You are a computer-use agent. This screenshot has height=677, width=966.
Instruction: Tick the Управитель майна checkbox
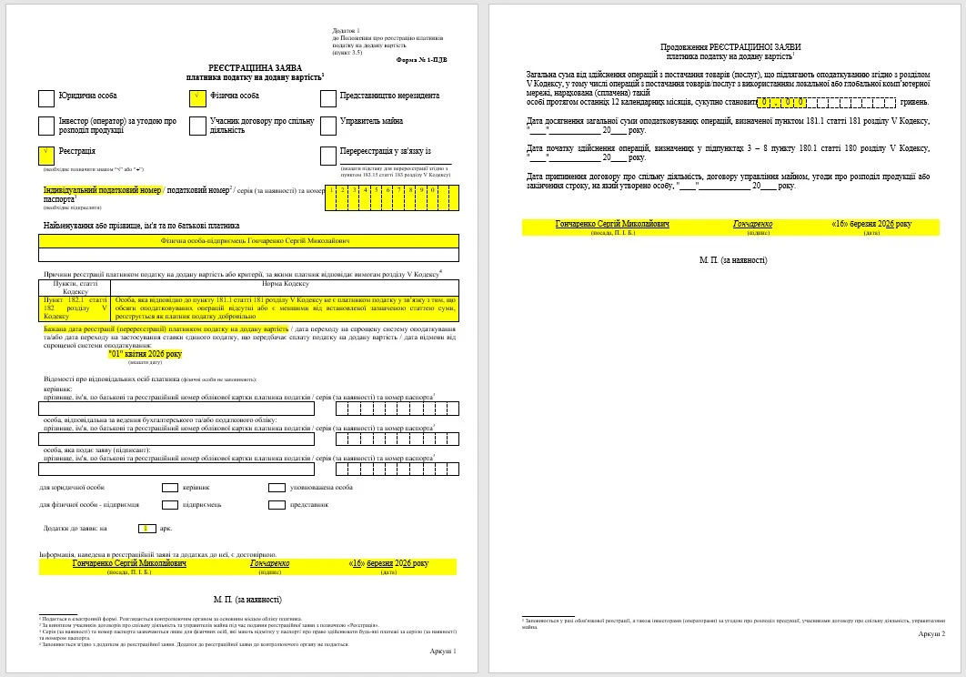point(328,126)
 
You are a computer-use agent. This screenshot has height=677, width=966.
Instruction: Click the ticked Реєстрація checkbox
point(46,155)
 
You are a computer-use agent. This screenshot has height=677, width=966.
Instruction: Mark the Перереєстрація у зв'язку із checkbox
point(328,155)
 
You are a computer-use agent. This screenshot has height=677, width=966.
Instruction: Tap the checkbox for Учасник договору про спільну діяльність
point(197,126)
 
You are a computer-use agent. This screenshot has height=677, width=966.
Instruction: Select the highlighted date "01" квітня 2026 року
point(145,354)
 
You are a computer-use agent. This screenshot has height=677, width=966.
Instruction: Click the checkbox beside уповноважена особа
point(277,487)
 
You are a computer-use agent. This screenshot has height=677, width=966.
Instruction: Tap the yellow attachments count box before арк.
point(145,528)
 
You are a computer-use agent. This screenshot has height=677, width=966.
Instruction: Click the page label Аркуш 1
point(442,651)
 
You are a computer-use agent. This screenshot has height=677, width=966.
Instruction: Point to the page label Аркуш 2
point(931,633)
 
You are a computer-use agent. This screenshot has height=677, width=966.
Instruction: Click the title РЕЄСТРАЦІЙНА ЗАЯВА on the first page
point(247,68)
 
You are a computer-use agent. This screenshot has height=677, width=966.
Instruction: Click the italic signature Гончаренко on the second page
point(753,224)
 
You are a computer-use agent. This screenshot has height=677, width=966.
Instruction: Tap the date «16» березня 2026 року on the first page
point(388,563)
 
